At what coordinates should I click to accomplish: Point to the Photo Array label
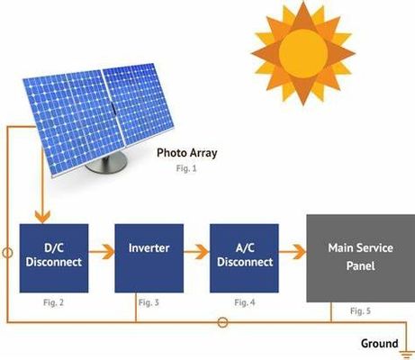tap(187, 153)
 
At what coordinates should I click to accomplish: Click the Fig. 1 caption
tap(186, 169)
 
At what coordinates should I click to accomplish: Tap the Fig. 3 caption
tap(149, 303)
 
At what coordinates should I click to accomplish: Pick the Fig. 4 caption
tap(244, 303)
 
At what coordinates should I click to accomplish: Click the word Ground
tap(379, 344)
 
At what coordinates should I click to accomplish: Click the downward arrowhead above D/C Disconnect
tap(40, 217)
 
